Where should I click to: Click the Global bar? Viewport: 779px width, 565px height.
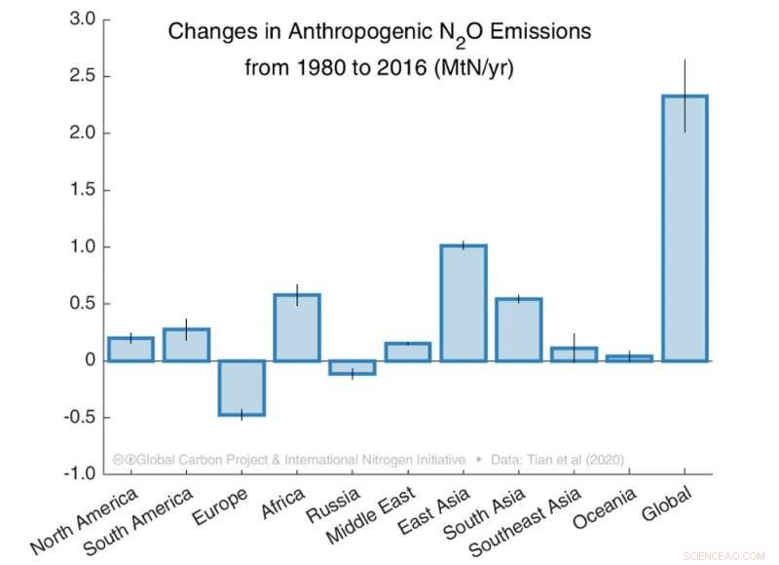coord(685,228)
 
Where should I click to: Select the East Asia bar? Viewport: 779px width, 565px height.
coord(464,303)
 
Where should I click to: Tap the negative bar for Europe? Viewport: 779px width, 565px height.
coord(241,388)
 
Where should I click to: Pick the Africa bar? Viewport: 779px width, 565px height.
coord(297,327)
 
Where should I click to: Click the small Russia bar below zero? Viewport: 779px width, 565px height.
coord(352,367)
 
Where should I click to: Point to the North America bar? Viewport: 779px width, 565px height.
coord(130,350)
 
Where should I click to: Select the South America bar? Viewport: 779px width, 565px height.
coord(186,345)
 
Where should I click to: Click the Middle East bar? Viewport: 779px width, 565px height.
coord(408,352)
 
